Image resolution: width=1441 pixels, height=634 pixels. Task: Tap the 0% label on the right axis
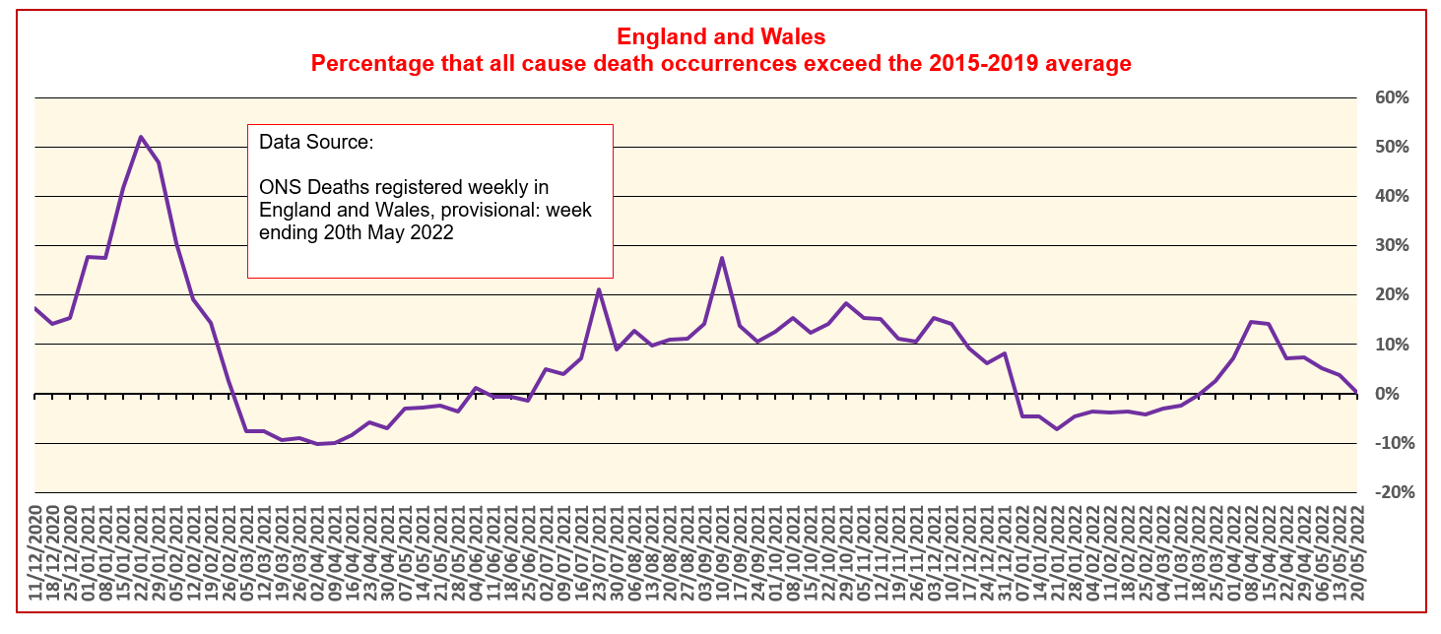point(1389,394)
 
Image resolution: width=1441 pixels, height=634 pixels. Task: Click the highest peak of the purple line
point(141,137)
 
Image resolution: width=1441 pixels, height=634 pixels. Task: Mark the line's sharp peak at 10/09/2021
point(722,258)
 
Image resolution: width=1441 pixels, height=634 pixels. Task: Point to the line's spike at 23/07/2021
point(598,289)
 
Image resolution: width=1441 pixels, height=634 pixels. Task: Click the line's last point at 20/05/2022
point(1356,392)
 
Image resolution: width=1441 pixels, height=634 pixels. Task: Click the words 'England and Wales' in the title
point(720,37)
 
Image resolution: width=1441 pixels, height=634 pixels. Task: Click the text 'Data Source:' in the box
point(316,142)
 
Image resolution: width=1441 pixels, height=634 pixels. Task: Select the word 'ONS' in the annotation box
point(279,187)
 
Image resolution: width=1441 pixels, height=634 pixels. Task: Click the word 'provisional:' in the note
point(520,210)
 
